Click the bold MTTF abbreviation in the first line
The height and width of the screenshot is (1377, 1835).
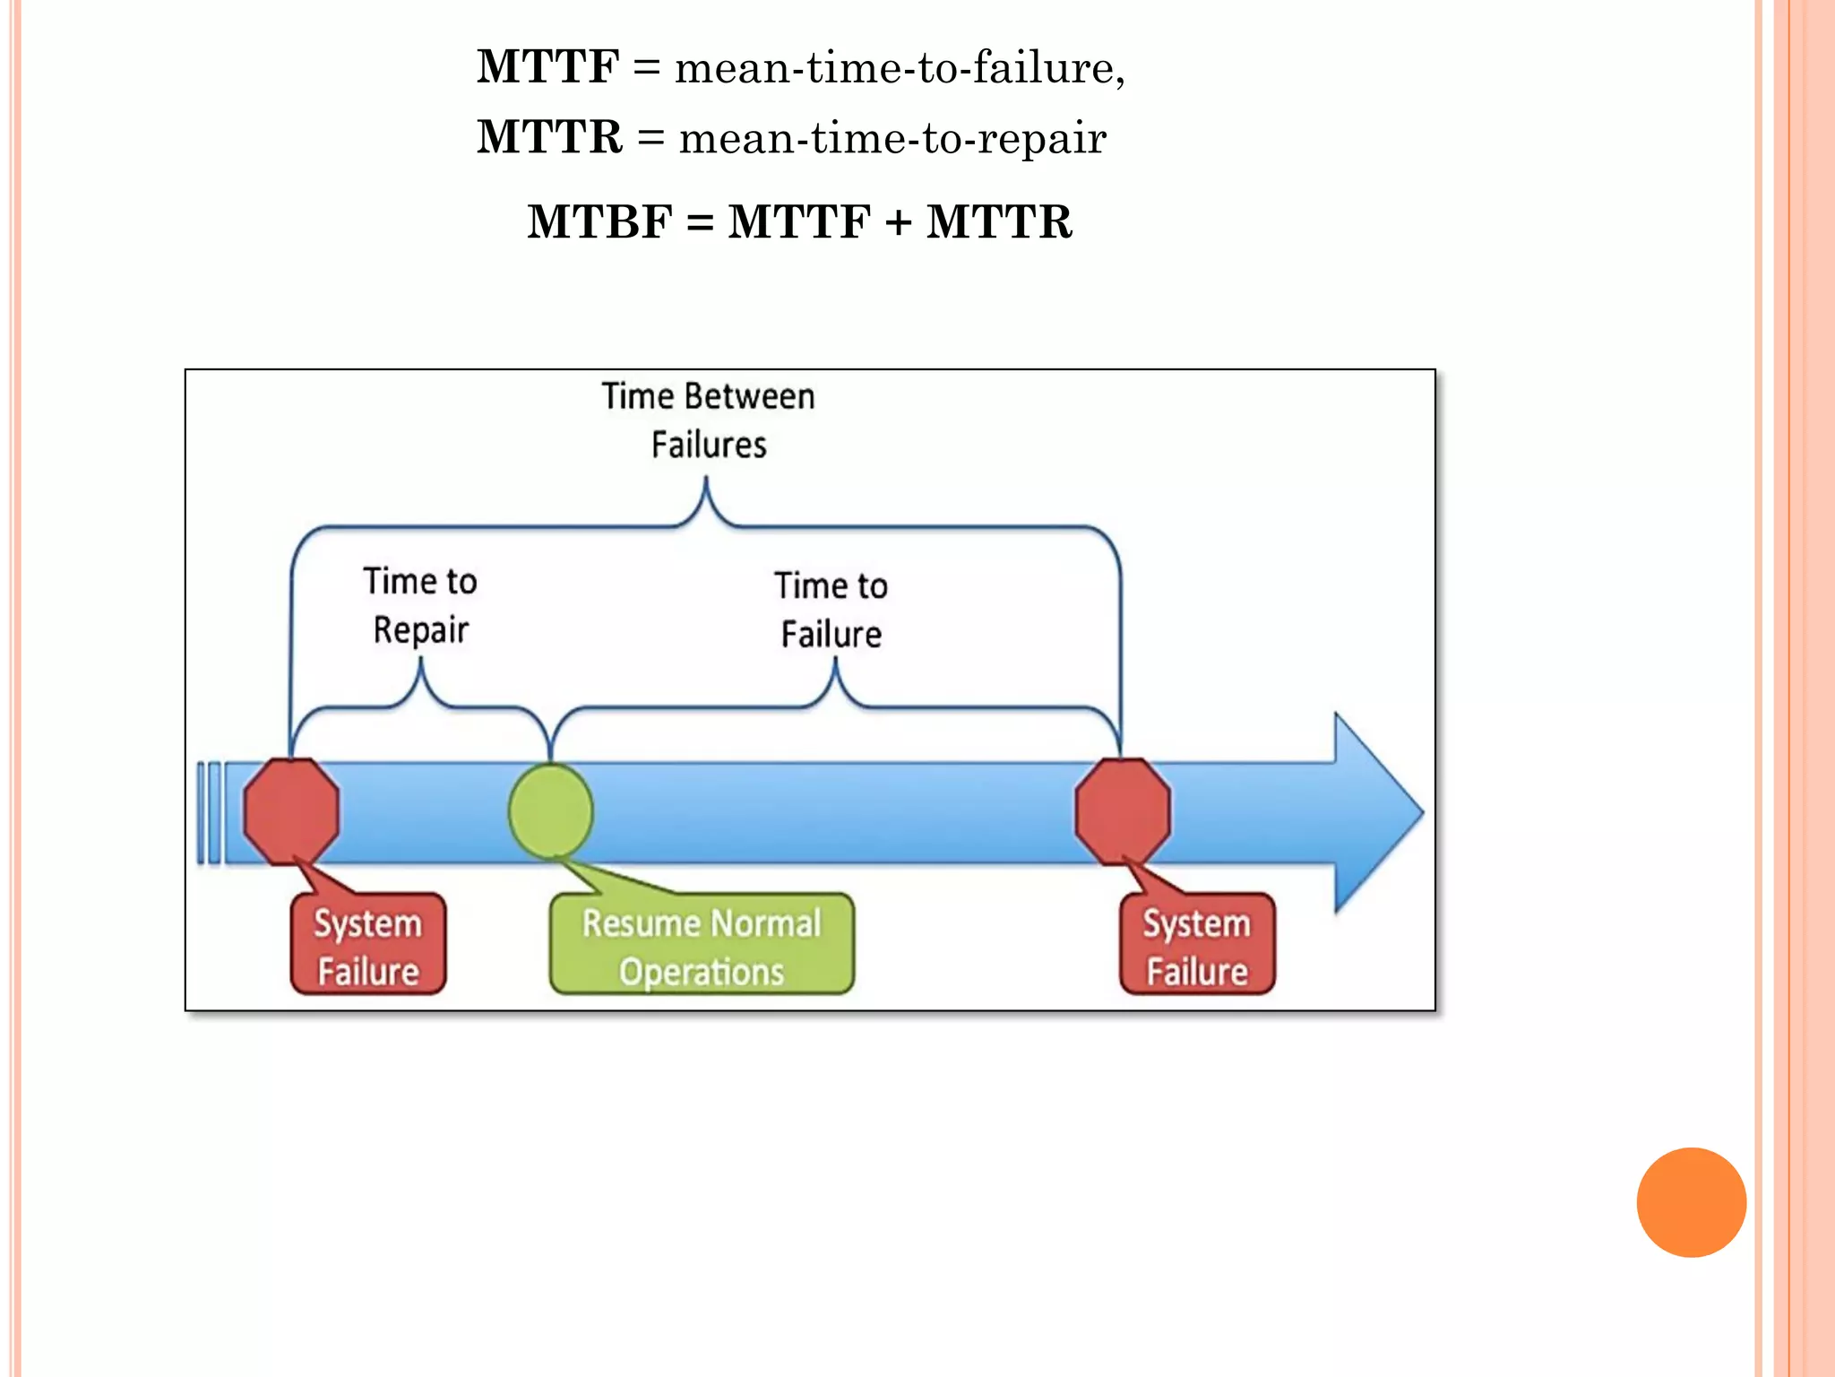(547, 67)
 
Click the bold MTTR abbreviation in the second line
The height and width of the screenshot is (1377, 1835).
(549, 137)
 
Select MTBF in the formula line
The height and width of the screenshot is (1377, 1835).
(599, 221)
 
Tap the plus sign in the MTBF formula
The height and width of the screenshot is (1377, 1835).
(898, 222)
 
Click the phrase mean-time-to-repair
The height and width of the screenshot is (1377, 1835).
(892, 138)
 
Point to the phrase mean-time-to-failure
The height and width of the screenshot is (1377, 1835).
(899, 68)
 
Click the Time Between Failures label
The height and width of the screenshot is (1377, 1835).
(708, 420)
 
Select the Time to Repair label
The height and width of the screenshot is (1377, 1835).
(420, 605)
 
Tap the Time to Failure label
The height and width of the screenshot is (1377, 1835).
(831, 610)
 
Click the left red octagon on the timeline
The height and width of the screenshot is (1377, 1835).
(291, 811)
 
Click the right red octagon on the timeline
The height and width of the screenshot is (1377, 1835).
(1123, 811)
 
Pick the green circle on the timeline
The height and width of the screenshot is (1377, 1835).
(551, 811)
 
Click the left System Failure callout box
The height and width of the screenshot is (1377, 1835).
(368, 945)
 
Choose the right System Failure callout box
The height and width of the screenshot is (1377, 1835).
(1197, 945)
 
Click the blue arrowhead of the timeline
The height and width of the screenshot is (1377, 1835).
(1375, 812)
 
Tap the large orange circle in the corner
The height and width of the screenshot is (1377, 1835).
(1691, 1202)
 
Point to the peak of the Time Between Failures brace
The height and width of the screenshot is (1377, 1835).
(706, 484)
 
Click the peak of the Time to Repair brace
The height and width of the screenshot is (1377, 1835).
(421, 664)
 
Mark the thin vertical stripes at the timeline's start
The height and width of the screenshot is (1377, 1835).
(210, 812)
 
